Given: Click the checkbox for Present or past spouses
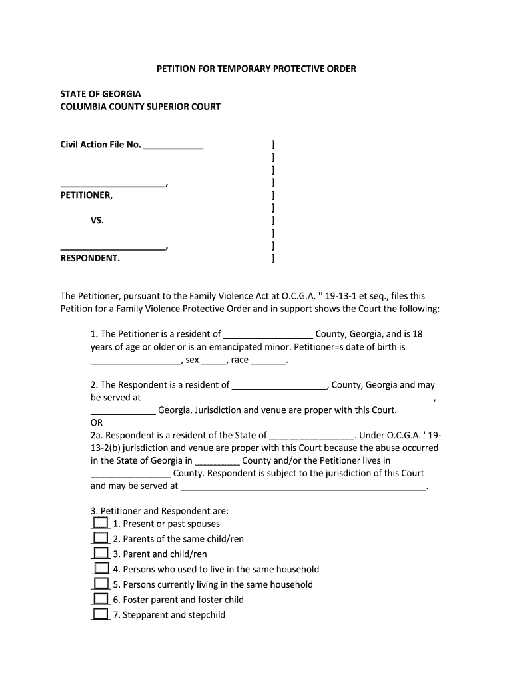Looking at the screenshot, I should coord(101,523).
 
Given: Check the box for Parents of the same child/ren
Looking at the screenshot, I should coord(101,538).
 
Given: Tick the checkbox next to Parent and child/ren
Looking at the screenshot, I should coord(101,553).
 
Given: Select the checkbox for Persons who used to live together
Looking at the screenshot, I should coord(101,568).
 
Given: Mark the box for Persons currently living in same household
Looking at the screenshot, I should coord(101,584).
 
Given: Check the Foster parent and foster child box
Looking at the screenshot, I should coord(101,599).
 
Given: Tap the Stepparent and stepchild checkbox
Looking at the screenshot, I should coord(101,614).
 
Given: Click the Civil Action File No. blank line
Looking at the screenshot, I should coord(173,146).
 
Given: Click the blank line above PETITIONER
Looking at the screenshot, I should coord(113,184).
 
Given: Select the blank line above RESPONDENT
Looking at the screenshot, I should coord(113,247).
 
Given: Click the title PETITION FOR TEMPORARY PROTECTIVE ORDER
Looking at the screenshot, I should coord(256,69).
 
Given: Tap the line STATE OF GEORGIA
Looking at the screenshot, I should coord(101,94).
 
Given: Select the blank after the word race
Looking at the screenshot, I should coord(268,361).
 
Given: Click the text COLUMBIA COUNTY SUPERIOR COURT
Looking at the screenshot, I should coord(141,107).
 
